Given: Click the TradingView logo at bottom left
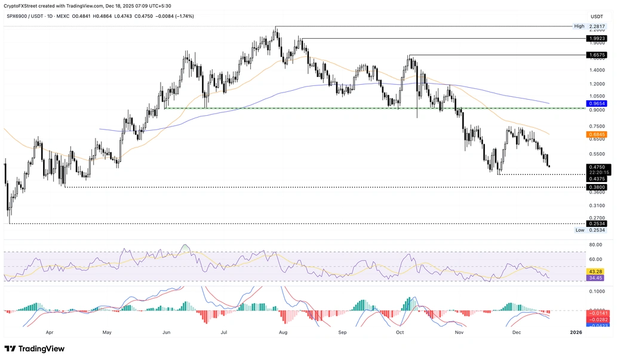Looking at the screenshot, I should pyautogui.click(x=35, y=349).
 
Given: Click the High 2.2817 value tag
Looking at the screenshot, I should pyautogui.click(x=591, y=26).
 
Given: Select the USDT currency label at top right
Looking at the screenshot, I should pyautogui.click(x=597, y=16).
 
